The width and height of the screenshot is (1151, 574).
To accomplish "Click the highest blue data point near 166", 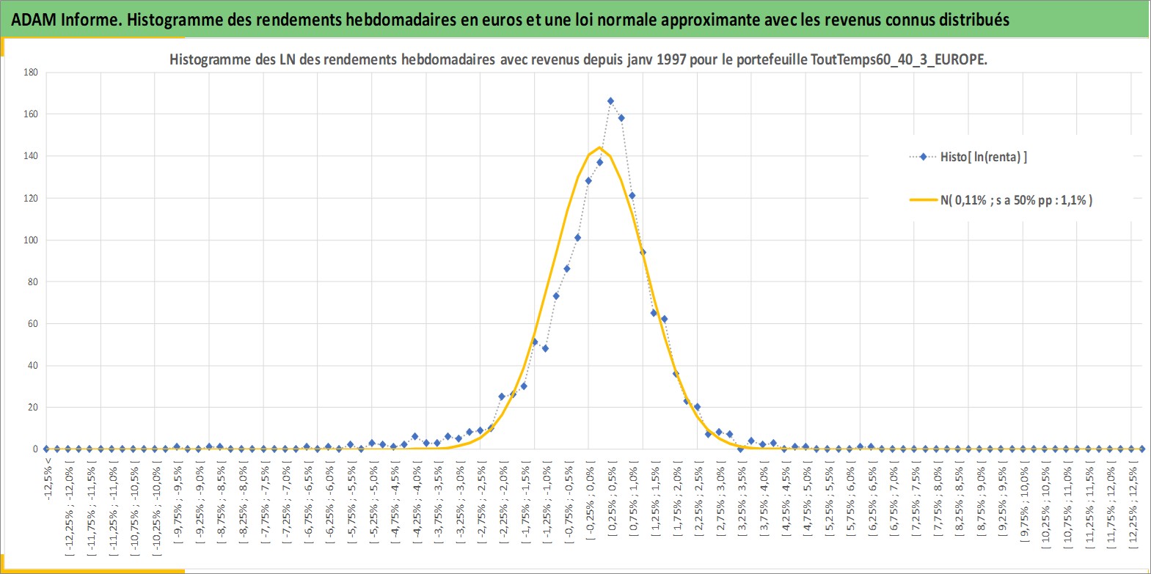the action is click(x=610, y=101).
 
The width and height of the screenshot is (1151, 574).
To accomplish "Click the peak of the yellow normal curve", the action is click(x=599, y=148).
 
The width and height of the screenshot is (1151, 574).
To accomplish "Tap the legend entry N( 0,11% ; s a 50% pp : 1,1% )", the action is click(x=1001, y=199).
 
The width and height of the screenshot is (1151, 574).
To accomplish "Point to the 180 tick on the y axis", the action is click(x=31, y=73).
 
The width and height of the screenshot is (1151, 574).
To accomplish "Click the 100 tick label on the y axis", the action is click(x=31, y=240).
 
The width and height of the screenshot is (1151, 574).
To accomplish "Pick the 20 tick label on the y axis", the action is click(x=34, y=407).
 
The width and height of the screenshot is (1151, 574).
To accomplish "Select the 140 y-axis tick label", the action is click(x=31, y=156).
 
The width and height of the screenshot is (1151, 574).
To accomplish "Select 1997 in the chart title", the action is click(x=671, y=59).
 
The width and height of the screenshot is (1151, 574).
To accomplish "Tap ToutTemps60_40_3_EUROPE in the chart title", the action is click(x=899, y=59).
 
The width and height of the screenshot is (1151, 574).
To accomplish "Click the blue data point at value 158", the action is click(x=621, y=118).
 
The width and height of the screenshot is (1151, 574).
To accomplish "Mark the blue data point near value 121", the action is click(x=632, y=196).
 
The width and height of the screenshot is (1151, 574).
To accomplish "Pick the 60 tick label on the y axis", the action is click(x=34, y=323).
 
